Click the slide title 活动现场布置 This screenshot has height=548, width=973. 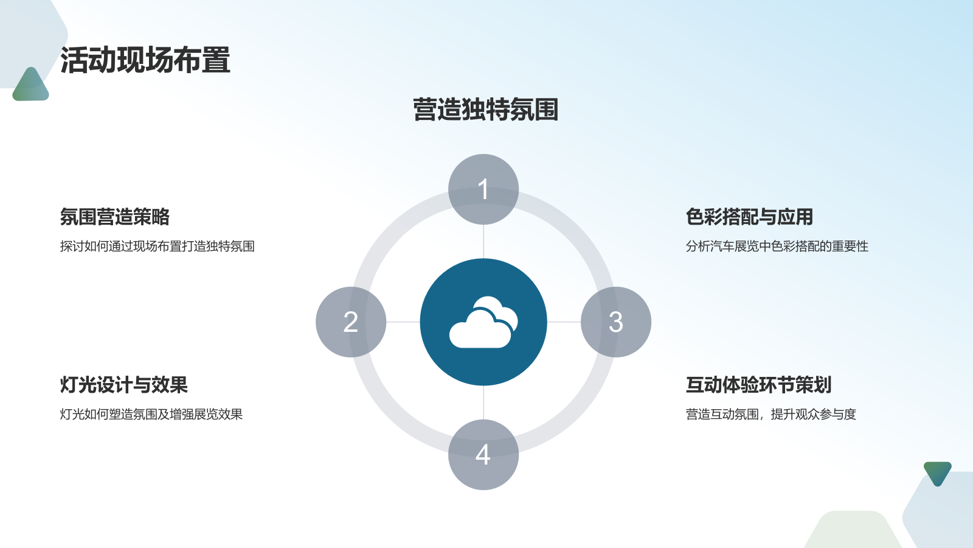coord(145,61)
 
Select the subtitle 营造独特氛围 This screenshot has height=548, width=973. coord(485,110)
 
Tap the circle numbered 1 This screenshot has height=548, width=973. coord(483,189)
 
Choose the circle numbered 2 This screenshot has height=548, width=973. coord(351,322)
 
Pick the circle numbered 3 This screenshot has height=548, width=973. coord(616,322)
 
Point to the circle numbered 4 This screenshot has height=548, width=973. coord(483,455)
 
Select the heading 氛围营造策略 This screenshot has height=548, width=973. coord(114,217)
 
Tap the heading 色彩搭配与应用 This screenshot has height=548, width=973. coord(749,217)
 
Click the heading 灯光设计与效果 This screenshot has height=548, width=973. coord(123,385)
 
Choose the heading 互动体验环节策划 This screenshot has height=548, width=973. coord(758,385)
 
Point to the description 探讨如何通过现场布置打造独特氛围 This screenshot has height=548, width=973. coord(157,247)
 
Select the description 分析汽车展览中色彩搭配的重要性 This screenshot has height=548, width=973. coord(777,247)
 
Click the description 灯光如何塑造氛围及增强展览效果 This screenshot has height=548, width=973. coord(151,415)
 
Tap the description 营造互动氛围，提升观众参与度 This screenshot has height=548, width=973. coord(770,415)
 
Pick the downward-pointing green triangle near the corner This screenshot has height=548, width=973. coord(937,472)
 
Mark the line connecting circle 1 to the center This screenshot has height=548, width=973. coord(483,242)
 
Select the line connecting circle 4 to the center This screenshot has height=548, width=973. coord(483,402)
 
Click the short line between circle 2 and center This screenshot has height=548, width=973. coord(403,322)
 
